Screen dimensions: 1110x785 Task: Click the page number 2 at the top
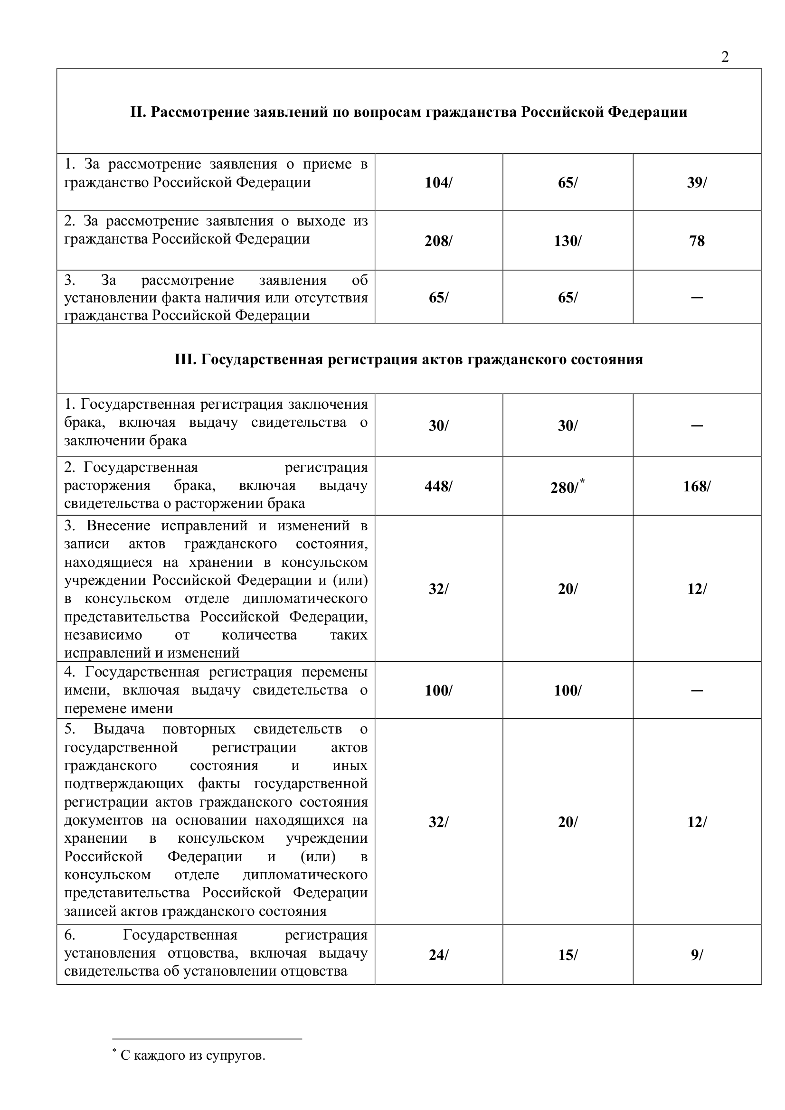(x=725, y=57)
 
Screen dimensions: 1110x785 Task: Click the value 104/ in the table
(x=438, y=182)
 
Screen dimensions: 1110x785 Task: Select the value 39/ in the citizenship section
(x=697, y=182)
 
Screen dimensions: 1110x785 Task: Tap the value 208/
(x=438, y=240)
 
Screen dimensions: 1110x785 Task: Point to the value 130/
(x=567, y=240)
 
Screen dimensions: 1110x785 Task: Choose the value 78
(x=697, y=240)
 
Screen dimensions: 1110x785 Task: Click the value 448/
(x=438, y=486)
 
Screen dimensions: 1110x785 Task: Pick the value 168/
(x=697, y=486)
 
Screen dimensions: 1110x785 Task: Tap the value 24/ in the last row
(x=438, y=954)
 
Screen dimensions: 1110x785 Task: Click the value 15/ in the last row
(x=567, y=954)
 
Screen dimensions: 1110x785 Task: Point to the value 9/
(x=697, y=954)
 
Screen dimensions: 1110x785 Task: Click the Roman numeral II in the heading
(x=137, y=112)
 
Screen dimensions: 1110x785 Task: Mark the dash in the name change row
(x=697, y=690)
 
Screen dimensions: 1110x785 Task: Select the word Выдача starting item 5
(x=119, y=729)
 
